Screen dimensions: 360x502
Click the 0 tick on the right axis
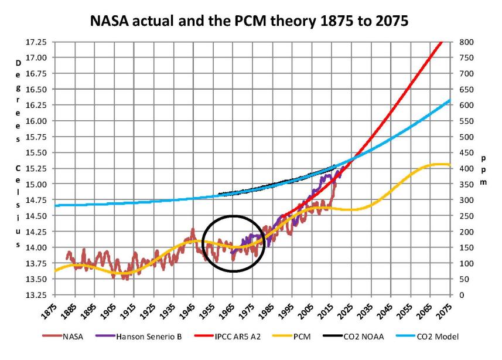pyautogui.click(x=463, y=295)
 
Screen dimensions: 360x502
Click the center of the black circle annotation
pyautogui.click(x=234, y=243)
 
